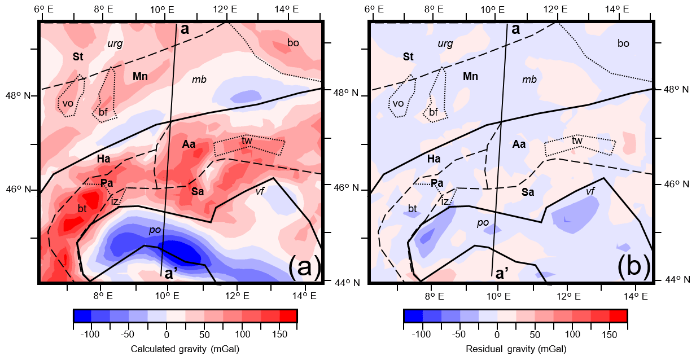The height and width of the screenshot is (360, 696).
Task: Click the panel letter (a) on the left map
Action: pyautogui.click(x=304, y=267)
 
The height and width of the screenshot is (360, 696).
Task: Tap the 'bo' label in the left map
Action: pyautogui.click(x=293, y=43)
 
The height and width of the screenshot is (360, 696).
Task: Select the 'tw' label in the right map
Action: pyautogui.click(x=577, y=141)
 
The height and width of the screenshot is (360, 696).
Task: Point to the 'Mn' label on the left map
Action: pyautogui.click(x=140, y=76)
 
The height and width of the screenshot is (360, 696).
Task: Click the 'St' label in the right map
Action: pyautogui.click(x=408, y=57)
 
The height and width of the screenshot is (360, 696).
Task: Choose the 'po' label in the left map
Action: pyautogui.click(x=155, y=230)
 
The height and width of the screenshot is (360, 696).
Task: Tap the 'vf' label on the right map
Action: pyautogui.click(x=590, y=191)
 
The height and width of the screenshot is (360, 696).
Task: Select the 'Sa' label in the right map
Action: pyautogui.click(x=528, y=192)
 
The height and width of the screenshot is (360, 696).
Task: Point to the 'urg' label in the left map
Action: pyautogui.click(x=115, y=43)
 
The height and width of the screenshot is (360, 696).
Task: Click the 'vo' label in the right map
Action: pyautogui.click(x=398, y=103)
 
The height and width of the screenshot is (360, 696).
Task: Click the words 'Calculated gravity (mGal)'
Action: pyautogui.click(x=185, y=349)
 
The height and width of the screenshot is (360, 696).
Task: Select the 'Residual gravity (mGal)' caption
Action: pyautogui.click(x=515, y=349)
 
